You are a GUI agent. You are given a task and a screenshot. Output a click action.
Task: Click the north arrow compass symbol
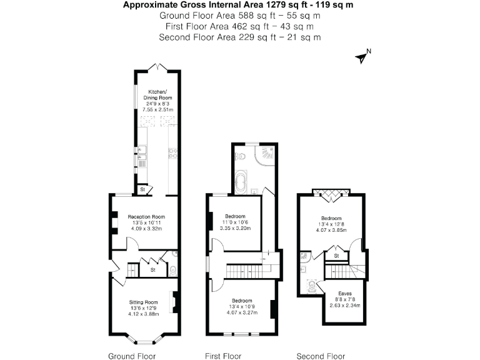(x=362, y=57)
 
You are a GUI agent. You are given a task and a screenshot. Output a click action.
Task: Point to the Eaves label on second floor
(x=344, y=293)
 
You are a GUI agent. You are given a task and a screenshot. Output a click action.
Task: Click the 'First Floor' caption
(x=223, y=356)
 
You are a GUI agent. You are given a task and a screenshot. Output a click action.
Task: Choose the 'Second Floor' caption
(x=320, y=356)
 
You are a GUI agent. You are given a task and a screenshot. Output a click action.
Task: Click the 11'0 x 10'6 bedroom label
(x=234, y=222)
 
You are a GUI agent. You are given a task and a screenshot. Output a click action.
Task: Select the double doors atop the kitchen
(x=156, y=67)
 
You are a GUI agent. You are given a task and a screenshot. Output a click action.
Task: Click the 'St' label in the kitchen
(x=142, y=188)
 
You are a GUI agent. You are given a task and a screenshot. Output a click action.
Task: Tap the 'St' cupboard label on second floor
(x=336, y=256)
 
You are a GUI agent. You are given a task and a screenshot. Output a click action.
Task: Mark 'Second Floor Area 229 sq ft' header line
(x=240, y=37)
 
